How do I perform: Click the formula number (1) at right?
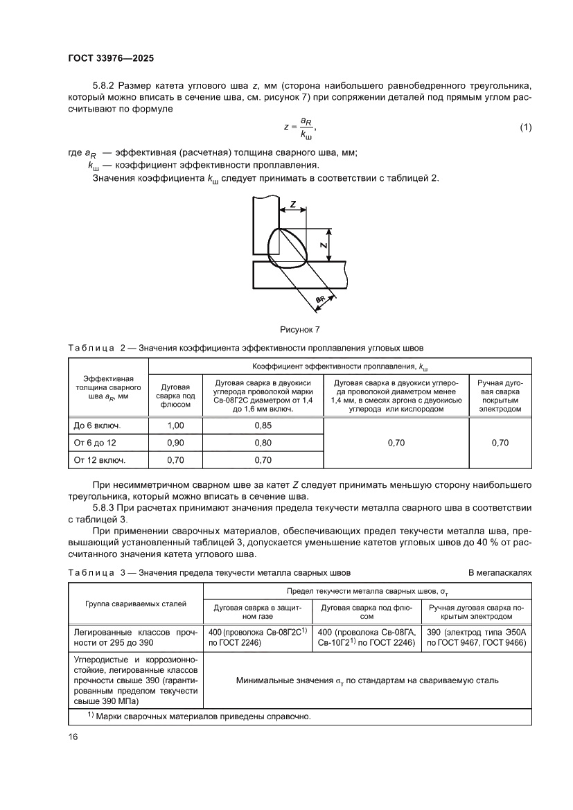525,127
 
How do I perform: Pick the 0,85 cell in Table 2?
263,425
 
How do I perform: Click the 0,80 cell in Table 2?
263,442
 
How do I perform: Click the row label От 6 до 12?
98,442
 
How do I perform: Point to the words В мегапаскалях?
500,573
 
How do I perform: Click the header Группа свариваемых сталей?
136,604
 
